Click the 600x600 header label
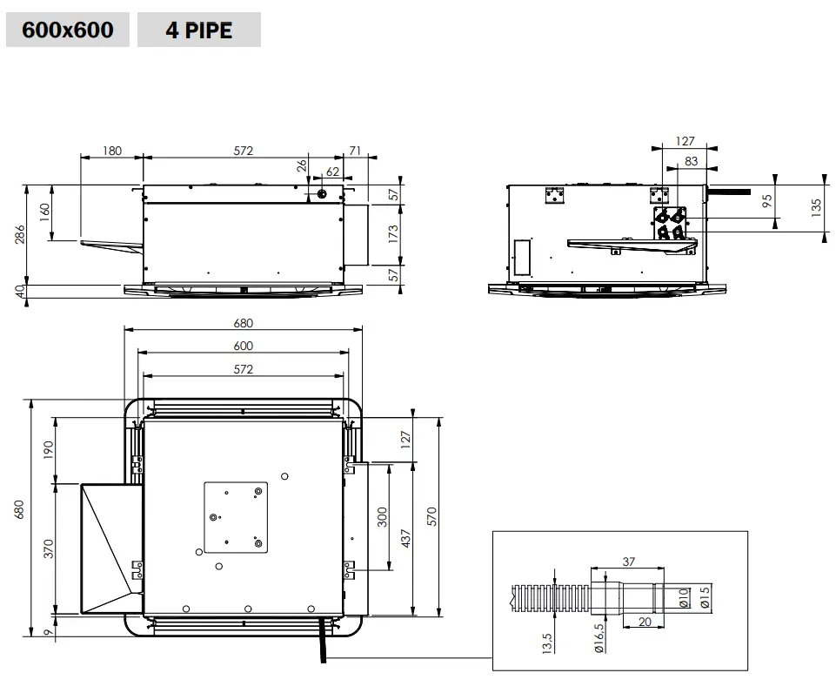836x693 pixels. click(67, 30)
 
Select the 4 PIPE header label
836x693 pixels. click(199, 30)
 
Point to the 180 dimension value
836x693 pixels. click(112, 151)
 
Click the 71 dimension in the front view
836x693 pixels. click(355, 151)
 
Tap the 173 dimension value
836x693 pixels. click(393, 234)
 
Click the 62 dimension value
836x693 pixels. click(332, 172)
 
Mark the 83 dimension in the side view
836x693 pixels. click(692, 161)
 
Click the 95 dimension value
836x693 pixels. click(766, 201)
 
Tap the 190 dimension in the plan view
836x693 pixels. click(49, 449)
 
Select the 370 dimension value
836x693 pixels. click(49, 548)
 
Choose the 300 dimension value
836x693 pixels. click(382, 517)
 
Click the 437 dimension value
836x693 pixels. click(405, 537)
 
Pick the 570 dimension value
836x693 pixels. click(431, 515)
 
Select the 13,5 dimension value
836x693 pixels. click(545, 643)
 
